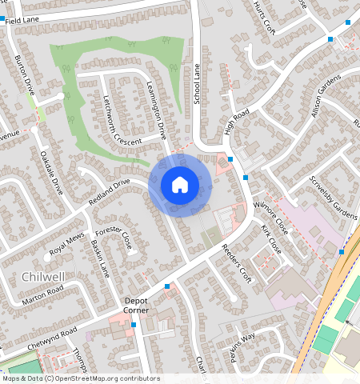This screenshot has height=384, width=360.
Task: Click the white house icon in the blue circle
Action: [180, 186]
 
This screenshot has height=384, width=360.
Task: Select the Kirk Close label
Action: [271, 235]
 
